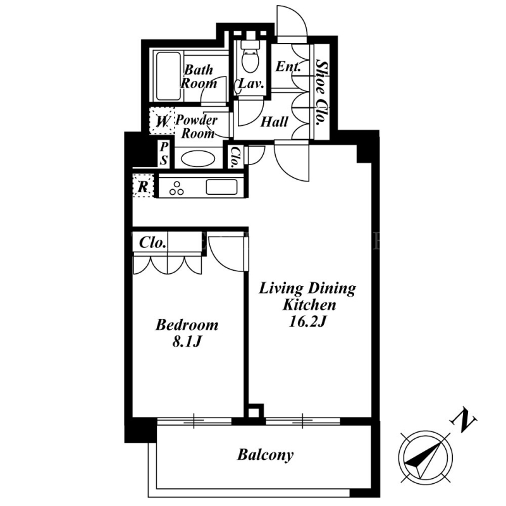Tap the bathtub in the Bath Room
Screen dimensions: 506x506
168,76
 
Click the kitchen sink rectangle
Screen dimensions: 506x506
221,187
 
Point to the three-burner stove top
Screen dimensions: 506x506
176,188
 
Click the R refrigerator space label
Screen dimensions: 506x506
143,186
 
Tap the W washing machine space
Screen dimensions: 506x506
163,121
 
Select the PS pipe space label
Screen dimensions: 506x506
164,153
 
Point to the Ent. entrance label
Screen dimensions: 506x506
288,66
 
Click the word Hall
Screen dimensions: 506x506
275,122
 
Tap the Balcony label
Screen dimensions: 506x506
265,455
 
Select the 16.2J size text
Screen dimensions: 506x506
307,321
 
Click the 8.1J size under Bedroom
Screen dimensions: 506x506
187,342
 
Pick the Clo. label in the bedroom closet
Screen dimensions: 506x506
152,243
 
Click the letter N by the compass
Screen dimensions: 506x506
464,419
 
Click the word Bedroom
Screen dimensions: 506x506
187,324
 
